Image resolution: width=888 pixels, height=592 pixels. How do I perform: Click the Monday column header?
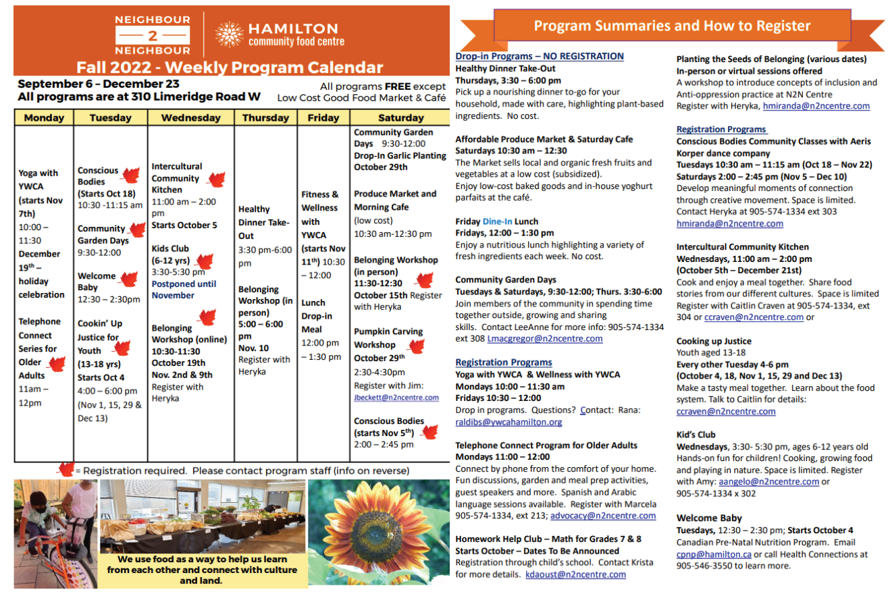coord(44,117)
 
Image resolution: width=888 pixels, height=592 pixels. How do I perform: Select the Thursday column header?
coord(265,117)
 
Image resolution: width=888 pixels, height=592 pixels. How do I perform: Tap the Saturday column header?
coord(400,117)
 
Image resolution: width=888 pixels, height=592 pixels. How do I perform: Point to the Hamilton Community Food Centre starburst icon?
coord(229,35)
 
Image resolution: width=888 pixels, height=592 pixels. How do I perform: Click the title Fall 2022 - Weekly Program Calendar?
coord(230,68)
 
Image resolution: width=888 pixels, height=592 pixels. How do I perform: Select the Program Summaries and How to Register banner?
coord(672,26)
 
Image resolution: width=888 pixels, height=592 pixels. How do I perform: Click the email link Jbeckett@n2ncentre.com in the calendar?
coord(396,398)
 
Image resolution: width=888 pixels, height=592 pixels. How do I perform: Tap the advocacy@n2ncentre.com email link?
coord(603,516)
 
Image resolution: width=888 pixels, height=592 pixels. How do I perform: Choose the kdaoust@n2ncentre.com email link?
coord(575,574)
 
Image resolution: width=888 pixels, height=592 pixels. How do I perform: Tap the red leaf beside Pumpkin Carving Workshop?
coord(417,347)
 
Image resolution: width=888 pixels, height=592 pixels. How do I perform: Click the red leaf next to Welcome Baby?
coord(127,277)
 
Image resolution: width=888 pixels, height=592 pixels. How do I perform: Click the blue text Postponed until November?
coord(184,290)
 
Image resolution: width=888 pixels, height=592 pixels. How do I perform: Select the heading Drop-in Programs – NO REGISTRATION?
coord(540,56)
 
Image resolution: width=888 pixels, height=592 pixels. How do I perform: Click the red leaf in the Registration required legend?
coord(65,470)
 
